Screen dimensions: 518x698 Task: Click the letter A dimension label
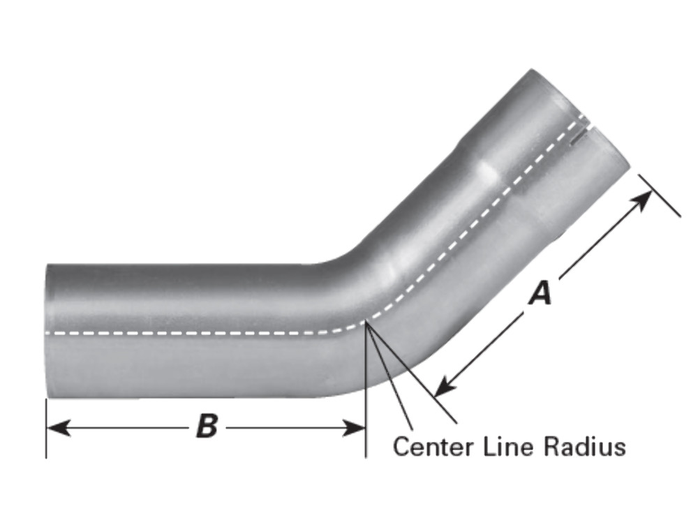pos(540,293)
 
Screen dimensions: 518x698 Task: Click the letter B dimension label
pos(207,426)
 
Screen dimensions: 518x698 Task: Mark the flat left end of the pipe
pos(47,332)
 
